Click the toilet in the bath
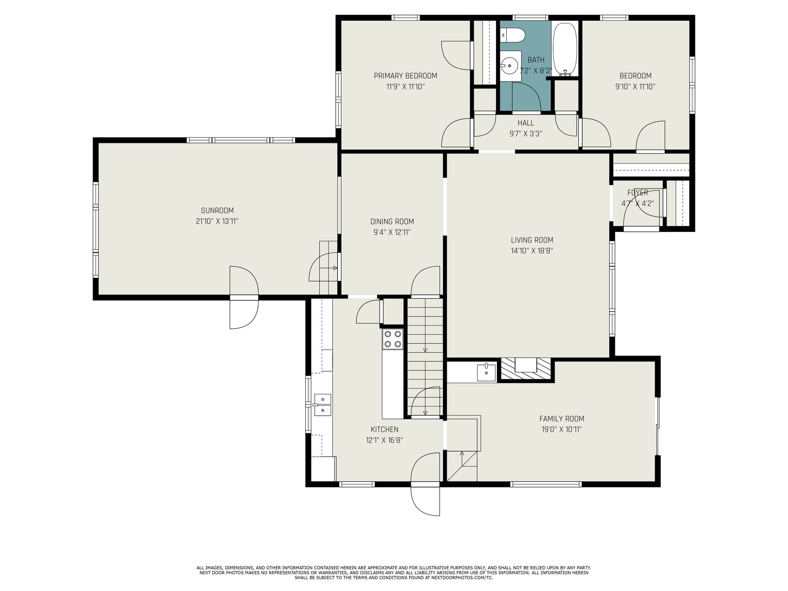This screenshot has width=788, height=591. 513,35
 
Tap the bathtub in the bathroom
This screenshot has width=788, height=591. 565,50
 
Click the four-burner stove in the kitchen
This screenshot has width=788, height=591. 393,339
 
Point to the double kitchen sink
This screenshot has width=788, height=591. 323,405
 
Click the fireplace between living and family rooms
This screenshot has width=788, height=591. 525,368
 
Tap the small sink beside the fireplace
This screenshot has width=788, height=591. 486,372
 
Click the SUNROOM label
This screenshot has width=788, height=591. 217,211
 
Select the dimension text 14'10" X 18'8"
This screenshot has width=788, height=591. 532,251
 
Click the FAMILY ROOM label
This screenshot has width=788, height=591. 561,419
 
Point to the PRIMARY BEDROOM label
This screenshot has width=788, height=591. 405,76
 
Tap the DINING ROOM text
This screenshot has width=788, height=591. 392,222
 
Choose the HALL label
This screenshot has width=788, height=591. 525,123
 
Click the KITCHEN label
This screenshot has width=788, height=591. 385,429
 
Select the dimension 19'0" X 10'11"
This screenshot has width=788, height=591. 561,429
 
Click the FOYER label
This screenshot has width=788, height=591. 638,193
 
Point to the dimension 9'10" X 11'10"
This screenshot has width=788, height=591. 635,87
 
